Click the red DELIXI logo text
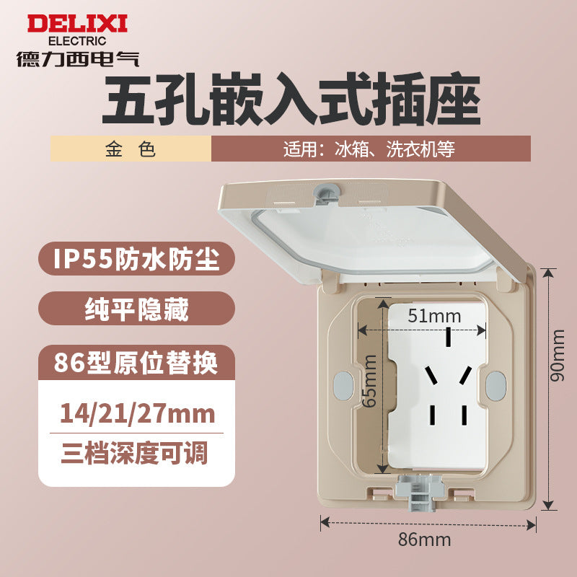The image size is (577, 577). tap(77, 24)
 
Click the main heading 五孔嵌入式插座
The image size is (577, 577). tap(290, 102)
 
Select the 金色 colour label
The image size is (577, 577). tap(130, 149)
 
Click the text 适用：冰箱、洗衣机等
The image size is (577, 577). tap(369, 149)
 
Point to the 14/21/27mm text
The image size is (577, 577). tap(137, 414)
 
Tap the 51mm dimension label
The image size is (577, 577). tap(424, 315)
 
